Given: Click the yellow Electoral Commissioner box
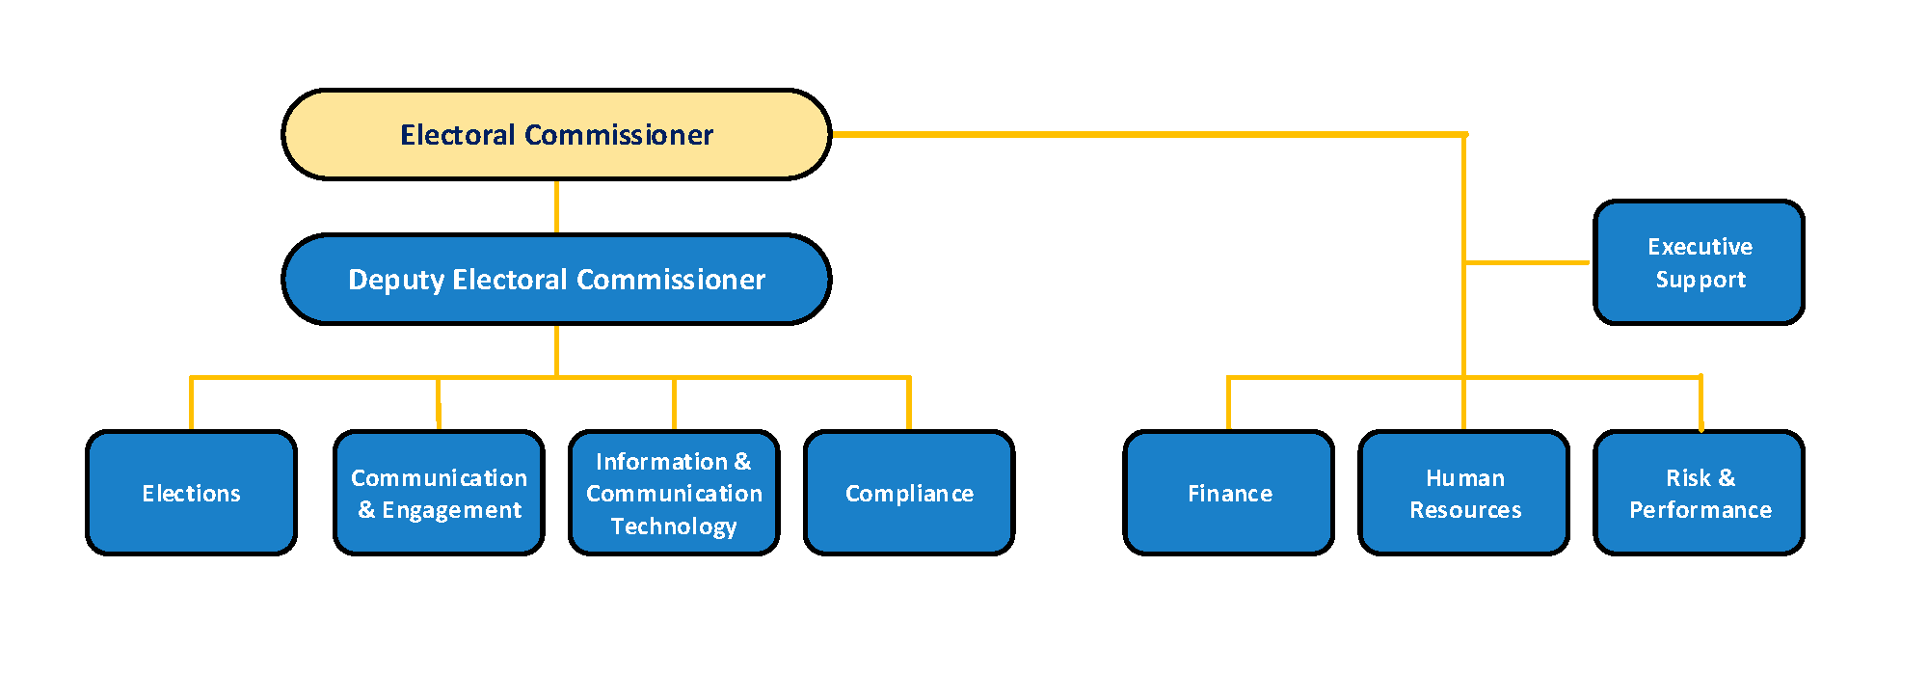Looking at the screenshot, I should [x=556, y=134].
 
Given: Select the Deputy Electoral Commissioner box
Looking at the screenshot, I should [x=556, y=279].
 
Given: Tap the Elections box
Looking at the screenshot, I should [x=191, y=493].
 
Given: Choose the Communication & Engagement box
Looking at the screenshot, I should [x=439, y=493].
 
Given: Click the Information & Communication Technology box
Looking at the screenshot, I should [x=674, y=493].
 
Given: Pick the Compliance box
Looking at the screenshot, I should [x=909, y=493].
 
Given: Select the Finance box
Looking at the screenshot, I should [x=1229, y=493].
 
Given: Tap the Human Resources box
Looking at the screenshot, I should [x=1464, y=493].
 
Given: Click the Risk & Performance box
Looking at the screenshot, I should [x=1700, y=493].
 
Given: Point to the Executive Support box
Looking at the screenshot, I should [x=1700, y=262].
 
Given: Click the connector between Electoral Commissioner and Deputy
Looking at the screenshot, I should [x=556, y=206].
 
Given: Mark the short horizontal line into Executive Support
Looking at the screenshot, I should [x=1527, y=262].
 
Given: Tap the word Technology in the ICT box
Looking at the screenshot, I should [x=674, y=526].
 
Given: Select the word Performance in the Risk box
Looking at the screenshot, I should [x=1700, y=510].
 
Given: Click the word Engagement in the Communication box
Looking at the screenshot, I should [x=451, y=510].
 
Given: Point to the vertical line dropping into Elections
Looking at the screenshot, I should [x=191, y=403].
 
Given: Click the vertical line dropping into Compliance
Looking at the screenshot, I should [x=909, y=403].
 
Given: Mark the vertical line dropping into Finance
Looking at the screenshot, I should [x=1228, y=403].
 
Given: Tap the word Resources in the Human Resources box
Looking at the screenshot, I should [x=1465, y=510].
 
